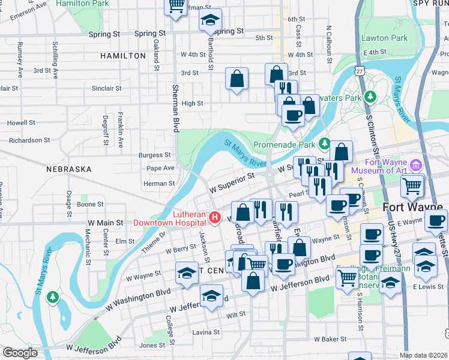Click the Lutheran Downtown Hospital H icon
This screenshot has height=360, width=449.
(213, 217)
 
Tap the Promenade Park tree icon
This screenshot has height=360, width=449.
(325, 143)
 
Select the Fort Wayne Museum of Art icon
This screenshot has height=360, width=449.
(415, 164)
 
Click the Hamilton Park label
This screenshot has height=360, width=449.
(83, 4)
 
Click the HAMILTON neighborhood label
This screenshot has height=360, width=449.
(123, 55)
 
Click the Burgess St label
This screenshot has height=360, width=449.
(155, 155)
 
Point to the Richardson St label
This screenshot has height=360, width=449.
(29, 140)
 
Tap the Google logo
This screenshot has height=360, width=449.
(20, 353)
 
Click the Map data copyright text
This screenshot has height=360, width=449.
(423, 355)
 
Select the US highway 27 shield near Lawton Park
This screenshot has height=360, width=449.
(360, 71)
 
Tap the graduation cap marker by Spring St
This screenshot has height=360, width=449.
(210, 21)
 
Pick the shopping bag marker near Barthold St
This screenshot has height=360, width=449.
(237, 79)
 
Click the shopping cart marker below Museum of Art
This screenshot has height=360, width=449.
(412, 186)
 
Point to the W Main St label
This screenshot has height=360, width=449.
(106, 222)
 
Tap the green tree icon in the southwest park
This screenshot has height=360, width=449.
(53, 297)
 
